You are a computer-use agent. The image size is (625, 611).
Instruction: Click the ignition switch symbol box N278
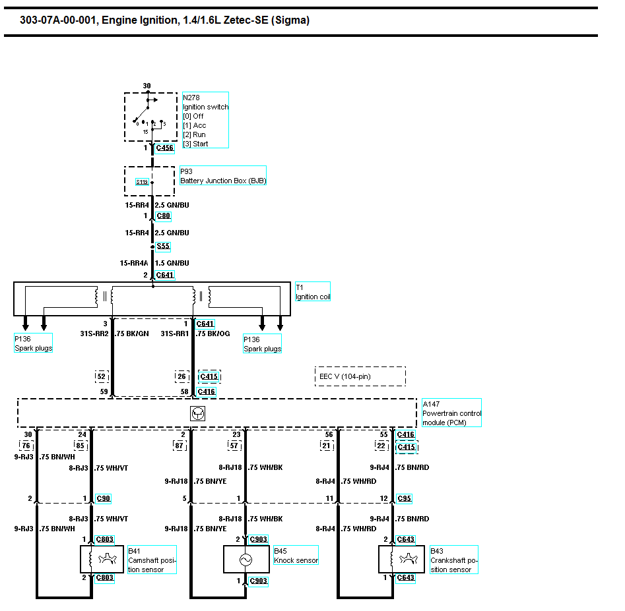151,117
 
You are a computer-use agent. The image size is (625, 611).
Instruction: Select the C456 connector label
165,148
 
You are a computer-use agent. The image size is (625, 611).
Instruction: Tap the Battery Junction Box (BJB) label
223,181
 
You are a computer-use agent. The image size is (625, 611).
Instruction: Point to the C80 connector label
163,216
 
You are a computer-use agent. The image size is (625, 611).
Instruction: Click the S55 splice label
163,247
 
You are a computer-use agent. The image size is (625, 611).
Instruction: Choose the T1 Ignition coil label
312,292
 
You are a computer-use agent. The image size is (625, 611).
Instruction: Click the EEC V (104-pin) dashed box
360,376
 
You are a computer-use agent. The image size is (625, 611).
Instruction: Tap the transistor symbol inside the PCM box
197,413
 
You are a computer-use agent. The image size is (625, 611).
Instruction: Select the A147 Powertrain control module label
451,413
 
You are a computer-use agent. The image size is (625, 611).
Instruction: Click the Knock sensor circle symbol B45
246,560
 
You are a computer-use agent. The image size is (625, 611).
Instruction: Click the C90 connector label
103,498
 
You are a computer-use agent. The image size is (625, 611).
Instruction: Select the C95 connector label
404,498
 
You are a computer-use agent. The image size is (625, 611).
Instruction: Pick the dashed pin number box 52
102,376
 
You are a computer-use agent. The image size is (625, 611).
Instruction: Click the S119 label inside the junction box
142,182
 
